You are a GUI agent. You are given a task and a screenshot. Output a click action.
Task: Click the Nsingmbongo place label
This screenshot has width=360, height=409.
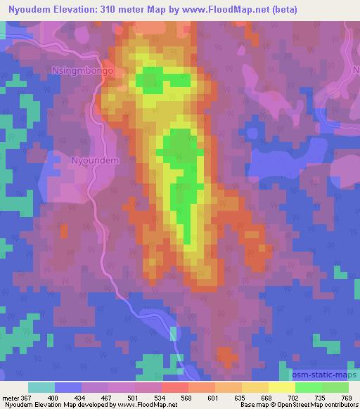[x=83, y=71]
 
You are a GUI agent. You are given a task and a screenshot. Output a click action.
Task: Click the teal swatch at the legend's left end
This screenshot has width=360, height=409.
[x=41, y=387]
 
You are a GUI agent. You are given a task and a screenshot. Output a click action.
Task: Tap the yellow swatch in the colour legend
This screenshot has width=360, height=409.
[x=281, y=387]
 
